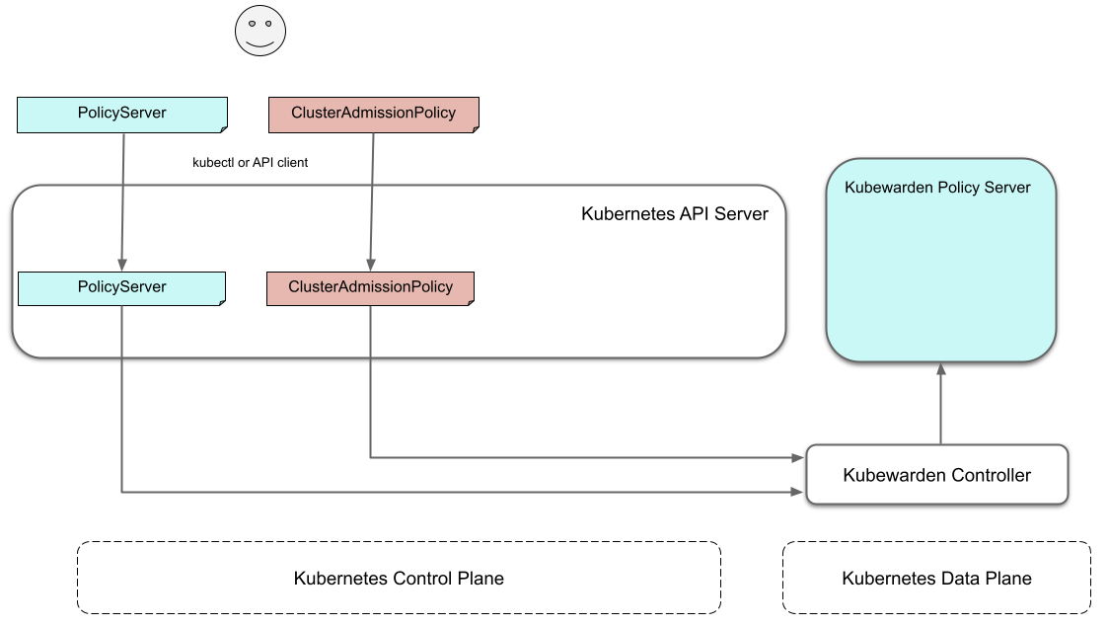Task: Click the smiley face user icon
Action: coord(259,31)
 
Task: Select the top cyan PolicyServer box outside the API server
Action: coord(122,114)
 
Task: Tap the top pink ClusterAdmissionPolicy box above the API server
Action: coord(373,114)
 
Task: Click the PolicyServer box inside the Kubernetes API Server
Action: coord(122,287)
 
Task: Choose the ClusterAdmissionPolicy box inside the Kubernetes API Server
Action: coord(370,287)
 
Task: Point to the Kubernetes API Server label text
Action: coord(674,214)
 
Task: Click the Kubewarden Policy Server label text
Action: coord(937,188)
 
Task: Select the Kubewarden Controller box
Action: coord(937,475)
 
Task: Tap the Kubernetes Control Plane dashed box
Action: coord(399,578)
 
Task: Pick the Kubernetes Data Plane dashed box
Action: coord(936,578)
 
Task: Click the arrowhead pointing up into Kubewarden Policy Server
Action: coord(940,368)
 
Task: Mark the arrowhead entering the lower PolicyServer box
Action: coord(122,265)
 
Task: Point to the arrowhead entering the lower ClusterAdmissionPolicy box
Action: coord(370,265)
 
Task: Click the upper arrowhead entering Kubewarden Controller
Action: coord(798,457)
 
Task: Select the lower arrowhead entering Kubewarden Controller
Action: coord(798,491)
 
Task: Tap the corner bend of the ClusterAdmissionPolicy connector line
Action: coord(370,457)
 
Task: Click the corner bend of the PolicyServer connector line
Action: coord(122,491)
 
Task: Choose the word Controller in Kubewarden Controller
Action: coord(987,475)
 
